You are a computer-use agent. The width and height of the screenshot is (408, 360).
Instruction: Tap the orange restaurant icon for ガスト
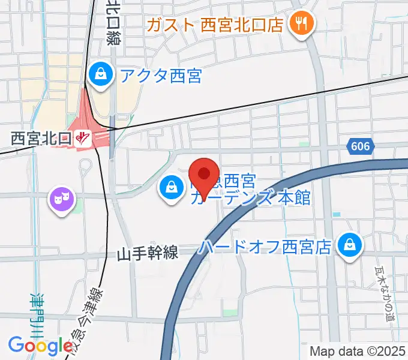(x=298, y=24)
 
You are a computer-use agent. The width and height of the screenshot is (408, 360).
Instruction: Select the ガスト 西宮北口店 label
(x=215, y=25)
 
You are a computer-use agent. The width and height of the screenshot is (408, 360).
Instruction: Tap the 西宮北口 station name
(x=41, y=138)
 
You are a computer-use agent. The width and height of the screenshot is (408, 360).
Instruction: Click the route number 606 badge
(x=361, y=146)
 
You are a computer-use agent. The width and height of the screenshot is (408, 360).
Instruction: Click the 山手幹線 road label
(x=148, y=253)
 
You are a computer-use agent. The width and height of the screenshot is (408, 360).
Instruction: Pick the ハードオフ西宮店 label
(x=266, y=246)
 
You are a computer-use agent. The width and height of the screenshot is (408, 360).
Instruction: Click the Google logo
(x=41, y=346)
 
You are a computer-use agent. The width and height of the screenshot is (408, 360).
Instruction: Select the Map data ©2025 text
(x=358, y=351)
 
